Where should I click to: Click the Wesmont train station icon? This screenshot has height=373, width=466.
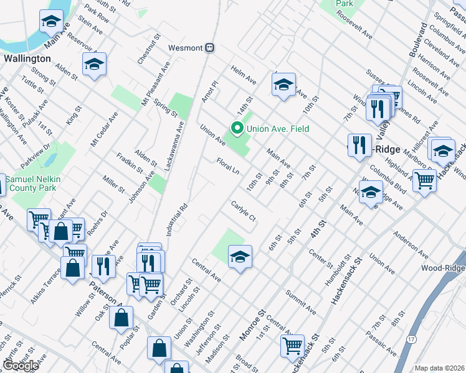[x=211, y=47]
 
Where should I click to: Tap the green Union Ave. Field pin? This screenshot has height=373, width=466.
[x=237, y=129]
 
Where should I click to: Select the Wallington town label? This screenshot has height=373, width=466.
[x=27, y=58]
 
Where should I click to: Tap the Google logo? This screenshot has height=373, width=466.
[x=21, y=366]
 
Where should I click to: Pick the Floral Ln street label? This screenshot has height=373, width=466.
[x=228, y=167]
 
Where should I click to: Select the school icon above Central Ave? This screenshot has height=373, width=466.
[x=239, y=256]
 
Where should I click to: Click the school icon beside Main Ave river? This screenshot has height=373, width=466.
[x=50, y=21]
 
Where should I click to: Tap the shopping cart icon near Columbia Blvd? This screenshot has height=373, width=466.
[x=424, y=180]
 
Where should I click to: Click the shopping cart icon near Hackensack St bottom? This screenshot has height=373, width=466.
[x=292, y=345]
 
